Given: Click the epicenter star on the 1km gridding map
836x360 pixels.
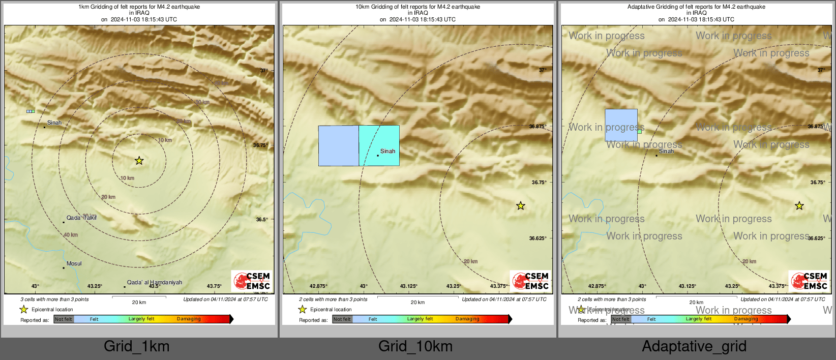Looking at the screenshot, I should pyautogui.click(x=139, y=161).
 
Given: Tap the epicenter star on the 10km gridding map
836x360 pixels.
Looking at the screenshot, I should pyautogui.click(x=520, y=206).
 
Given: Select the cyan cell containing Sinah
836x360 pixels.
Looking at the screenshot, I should pyautogui.click(x=379, y=145).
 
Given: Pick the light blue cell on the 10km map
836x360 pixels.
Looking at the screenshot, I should pyautogui.click(x=338, y=145).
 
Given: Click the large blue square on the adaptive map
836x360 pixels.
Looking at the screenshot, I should pyautogui.click(x=621, y=125).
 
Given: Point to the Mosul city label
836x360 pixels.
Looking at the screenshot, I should pyautogui.click(x=74, y=263).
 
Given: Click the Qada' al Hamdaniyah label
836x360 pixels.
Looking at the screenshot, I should pyautogui.click(x=154, y=282).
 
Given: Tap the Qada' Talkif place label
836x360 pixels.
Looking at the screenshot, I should pyautogui.click(x=81, y=218).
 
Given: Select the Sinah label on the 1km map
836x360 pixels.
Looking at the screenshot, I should pyautogui.click(x=54, y=123).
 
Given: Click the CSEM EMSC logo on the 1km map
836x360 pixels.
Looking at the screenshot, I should pyautogui.click(x=252, y=281).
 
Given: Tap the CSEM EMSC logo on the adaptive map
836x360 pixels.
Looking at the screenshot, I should pyautogui.click(x=809, y=281).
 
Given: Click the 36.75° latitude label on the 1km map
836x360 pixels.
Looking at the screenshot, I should pyautogui.click(x=260, y=145).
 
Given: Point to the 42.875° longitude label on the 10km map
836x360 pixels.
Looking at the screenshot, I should pyautogui.click(x=319, y=286).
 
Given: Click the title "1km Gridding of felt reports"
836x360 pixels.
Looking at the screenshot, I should pyautogui.click(x=139, y=7).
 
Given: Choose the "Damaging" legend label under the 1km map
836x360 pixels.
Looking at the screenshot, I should pyautogui.click(x=189, y=319).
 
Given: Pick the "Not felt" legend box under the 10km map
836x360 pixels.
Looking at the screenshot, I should pyautogui.click(x=342, y=319).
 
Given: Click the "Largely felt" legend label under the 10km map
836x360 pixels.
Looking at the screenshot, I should pyautogui.click(x=420, y=319).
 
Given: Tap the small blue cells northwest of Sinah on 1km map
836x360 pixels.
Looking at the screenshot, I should pyautogui.click(x=31, y=111).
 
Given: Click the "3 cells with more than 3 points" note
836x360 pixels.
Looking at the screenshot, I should pyautogui.click(x=54, y=299).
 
